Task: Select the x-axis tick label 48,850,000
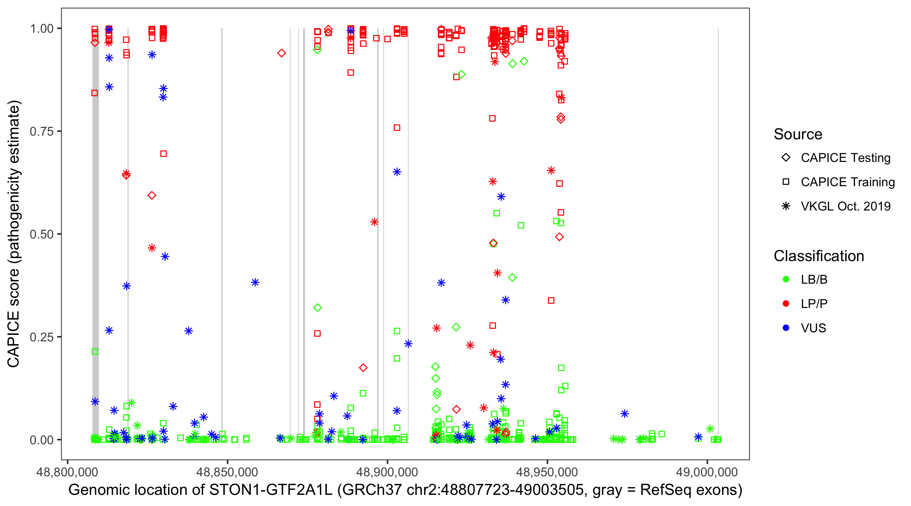tap(227, 472)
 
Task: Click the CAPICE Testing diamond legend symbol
tap(786, 158)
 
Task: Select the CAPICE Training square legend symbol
tap(786, 182)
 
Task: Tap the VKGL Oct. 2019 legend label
tap(846, 206)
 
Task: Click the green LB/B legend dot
tap(786, 280)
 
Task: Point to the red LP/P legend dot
tap(786, 304)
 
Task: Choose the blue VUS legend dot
tap(786, 328)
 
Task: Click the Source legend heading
tap(798, 134)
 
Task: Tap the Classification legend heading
tap(819, 256)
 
